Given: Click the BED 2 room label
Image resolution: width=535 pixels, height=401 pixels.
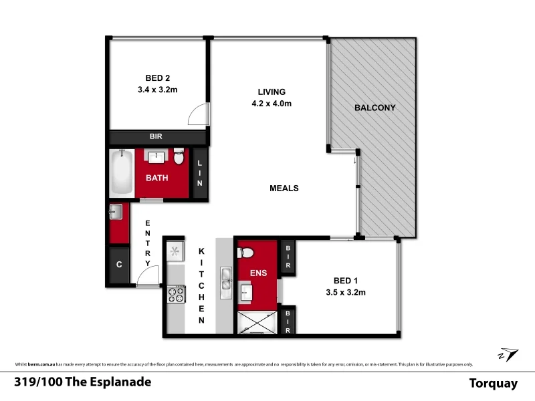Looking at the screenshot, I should coord(158,77).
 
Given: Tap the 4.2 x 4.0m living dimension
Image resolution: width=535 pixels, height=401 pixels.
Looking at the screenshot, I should coord(272,104).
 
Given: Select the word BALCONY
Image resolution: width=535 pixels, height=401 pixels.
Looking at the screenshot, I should coord(375,108).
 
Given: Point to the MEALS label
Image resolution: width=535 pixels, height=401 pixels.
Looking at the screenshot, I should coord(284,188).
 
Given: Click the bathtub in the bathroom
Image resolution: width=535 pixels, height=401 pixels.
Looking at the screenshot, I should coord(122,173).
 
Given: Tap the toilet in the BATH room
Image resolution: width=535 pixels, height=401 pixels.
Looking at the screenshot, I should coord(179,158).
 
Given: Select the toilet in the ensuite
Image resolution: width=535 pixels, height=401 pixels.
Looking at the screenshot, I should coord(245,253).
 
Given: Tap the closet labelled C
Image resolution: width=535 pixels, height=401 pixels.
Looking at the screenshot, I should coord(119,265).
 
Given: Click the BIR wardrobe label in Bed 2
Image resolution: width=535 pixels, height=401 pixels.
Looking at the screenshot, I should coord(156,136).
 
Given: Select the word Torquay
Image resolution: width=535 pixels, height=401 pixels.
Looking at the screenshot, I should coord(494,383).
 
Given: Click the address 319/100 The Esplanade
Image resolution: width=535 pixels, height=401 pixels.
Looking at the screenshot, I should coord(82,382).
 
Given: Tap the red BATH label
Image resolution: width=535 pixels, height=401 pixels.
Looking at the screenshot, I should coord(158,178).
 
